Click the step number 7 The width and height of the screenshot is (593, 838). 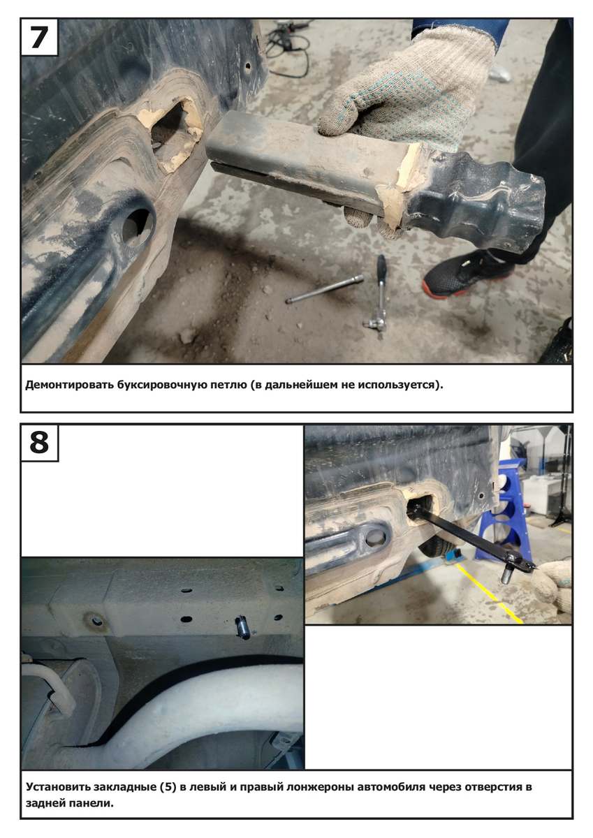39,37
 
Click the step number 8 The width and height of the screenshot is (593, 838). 39,442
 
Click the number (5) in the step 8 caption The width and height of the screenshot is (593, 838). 168,787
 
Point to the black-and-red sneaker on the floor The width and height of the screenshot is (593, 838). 468,273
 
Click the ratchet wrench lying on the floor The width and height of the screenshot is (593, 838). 379,296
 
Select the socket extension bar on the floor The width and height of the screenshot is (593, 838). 324,289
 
